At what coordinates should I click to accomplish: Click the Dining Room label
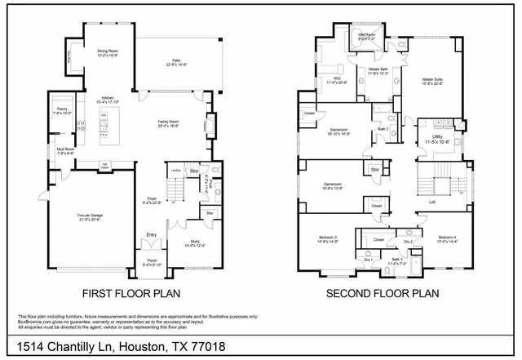click(108, 51)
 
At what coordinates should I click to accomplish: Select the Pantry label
click(62, 110)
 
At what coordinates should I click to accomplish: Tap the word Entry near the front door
click(152, 235)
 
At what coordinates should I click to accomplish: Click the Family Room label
click(170, 123)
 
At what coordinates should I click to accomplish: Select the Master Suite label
click(433, 80)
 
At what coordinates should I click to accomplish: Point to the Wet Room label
click(365, 35)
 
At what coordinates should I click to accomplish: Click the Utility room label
click(440, 140)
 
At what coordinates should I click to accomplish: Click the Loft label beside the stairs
click(431, 202)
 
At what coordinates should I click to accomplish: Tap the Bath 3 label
click(396, 260)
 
